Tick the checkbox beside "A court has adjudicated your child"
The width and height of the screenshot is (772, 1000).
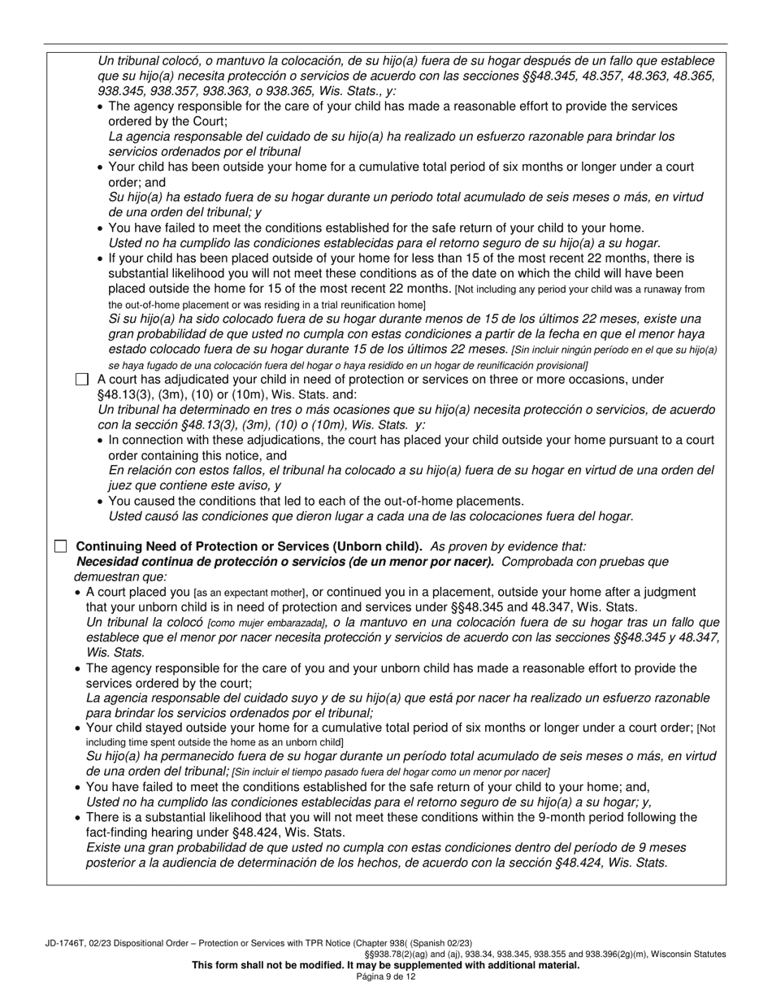(81, 380)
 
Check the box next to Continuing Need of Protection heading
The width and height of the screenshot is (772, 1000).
(60, 546)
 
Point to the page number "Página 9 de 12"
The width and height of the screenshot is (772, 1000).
(386, 976)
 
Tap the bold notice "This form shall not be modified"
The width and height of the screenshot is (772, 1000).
(385, 965)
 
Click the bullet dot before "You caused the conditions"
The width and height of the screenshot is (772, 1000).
(100, 502)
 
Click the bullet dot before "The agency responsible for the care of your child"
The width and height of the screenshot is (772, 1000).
(100, 107)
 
